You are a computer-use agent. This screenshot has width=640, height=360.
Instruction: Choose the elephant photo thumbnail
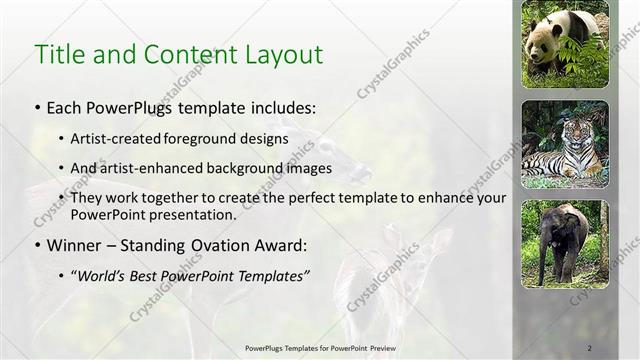565,244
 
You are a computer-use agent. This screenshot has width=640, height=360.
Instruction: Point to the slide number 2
589,347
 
